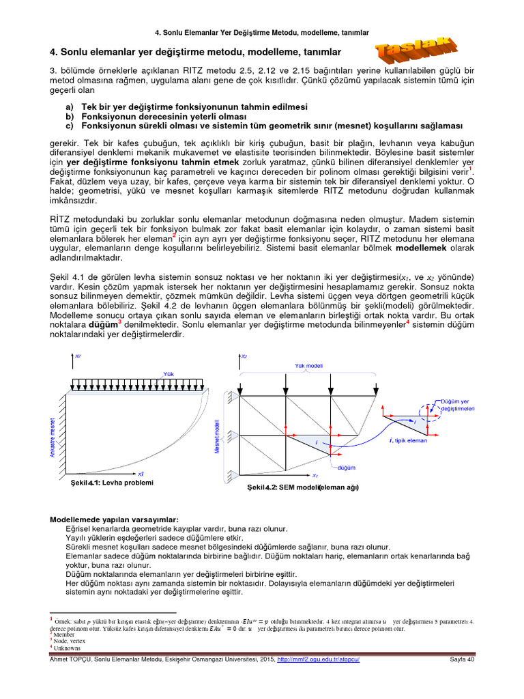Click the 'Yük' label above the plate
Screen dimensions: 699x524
(x=169, y=373)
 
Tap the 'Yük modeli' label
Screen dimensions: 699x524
(x=308, y=366)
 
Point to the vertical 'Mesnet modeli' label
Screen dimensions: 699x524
(x=217, y=438)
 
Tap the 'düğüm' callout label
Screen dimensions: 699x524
(x=347, y=468)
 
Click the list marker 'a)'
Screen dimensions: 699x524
(x=70, y=107)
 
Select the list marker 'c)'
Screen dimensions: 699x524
(x=70, y=126)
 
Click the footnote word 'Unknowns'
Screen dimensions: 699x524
(x=68, y=646)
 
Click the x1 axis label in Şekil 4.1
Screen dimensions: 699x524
(x=141, y=473)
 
